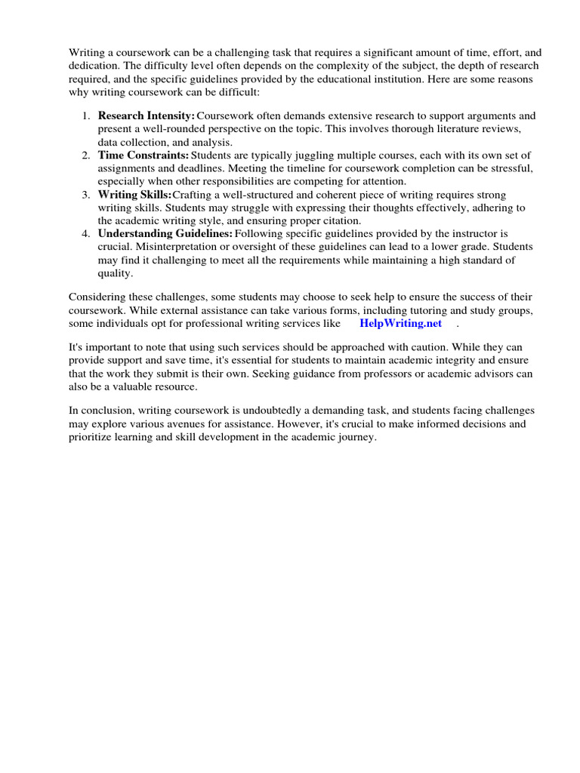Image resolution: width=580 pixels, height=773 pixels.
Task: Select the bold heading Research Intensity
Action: [x=146, y=116]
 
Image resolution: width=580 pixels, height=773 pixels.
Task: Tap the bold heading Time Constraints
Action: [x=143, y=156]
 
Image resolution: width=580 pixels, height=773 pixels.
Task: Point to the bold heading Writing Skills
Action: [x=134, y=195]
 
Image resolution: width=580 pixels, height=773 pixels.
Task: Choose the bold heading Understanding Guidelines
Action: [x=165, y=234]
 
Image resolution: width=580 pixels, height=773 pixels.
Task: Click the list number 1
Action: [x=85, y=116]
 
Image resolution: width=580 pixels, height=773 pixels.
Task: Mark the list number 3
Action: [x=85, y=195]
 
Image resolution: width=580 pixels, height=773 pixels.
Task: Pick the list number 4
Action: [x=85, y=234]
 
